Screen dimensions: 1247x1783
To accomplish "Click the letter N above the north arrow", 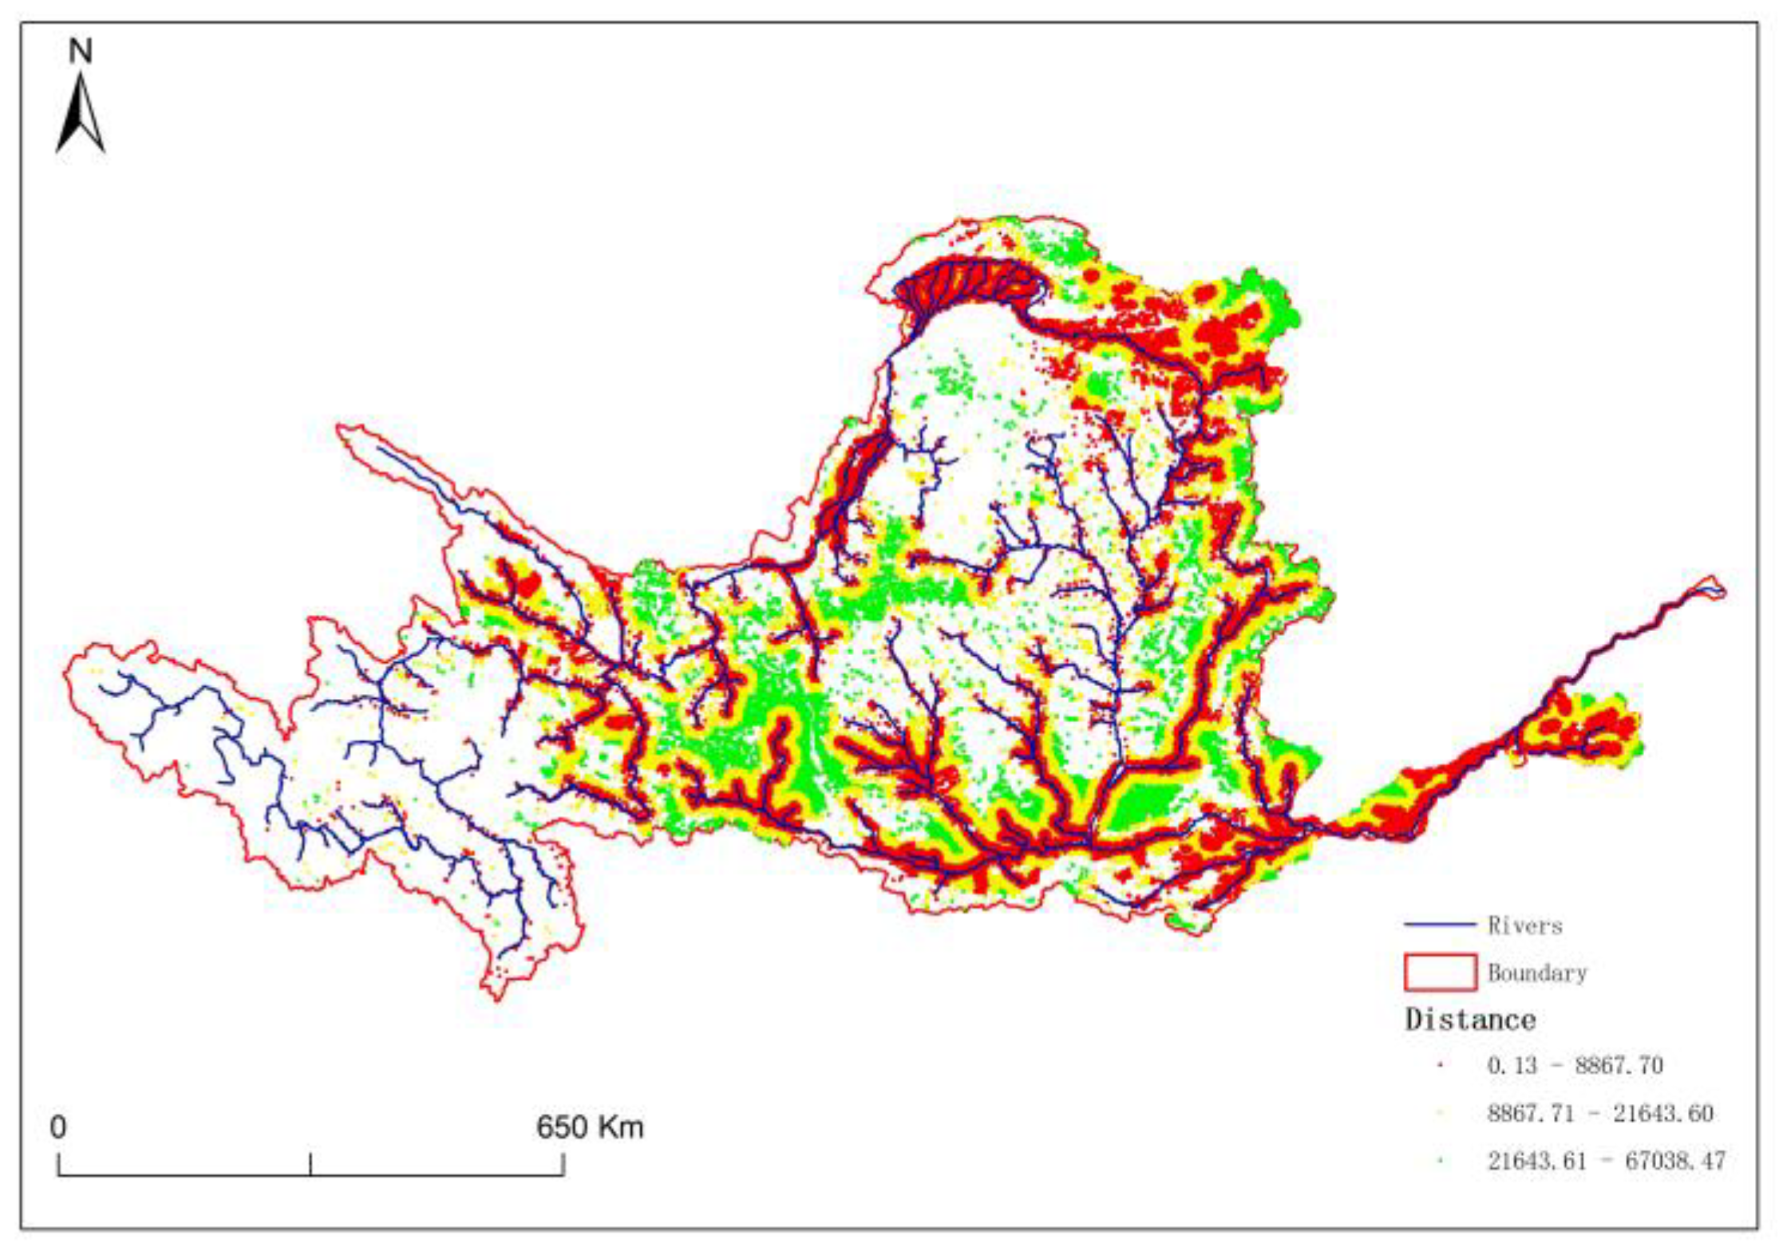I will tap(81, 52).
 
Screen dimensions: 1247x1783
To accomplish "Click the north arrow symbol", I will tap(81, 114).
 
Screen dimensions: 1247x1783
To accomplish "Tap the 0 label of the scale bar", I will tap(58, 1127).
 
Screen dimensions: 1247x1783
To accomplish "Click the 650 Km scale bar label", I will tap(589, 1127).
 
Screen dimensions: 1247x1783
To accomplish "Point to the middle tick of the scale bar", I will tap(310, 1164).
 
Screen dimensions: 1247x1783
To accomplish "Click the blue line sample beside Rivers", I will tap(1440, 925).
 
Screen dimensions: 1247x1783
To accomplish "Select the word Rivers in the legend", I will tap(1524, 925).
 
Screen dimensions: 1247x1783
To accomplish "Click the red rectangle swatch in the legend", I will tap(1440, 973).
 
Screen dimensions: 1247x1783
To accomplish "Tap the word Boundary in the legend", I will tap(1537, 973).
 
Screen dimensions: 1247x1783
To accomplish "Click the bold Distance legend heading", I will tap(1470, 1020).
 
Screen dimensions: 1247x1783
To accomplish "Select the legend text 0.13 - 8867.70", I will tap(1575, 1065).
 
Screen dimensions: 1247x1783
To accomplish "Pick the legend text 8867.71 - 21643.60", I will tap(1599, 1113).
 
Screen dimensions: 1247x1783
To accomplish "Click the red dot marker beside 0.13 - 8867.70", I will tap(1441, 1066).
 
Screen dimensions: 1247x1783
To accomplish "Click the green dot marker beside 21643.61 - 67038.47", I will tap(1441, 1161).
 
